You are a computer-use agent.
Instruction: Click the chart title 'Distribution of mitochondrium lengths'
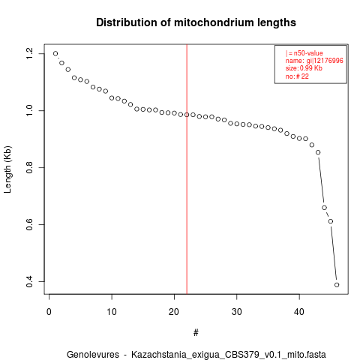[x=196, y=22]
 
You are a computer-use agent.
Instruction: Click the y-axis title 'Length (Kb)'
[x=7, y=169]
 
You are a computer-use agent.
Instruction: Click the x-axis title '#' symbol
[x=196, y=332]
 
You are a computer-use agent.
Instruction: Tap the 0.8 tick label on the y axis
[x=29, y=167]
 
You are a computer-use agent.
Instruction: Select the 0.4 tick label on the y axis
[x=29, y=281]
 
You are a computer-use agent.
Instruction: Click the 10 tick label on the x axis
[x=112, y=312]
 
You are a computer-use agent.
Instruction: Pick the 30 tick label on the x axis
[x=236, y=312]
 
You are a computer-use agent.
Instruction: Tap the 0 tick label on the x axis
[x=49, y=312]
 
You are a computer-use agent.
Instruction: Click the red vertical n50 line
[x=187, y=169]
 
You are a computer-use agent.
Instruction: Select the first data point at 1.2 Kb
[x=55, y=53]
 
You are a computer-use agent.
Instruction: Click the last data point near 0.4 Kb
[x=337, y=285]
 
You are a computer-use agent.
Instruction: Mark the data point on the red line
[x=187, y=115]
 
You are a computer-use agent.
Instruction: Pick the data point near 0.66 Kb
[x=324, y=208]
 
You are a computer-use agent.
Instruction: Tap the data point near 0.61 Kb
[x=331, y=221]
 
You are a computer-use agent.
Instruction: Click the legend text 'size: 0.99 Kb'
[x=304, y=68]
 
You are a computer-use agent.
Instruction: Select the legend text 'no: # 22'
[x=297, y=76]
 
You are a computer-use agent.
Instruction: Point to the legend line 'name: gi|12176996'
[x=314, y=61]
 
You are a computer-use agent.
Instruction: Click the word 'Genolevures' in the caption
[x=93, y=355]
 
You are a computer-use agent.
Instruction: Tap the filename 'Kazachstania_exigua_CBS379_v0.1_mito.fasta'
[x=229, y=355]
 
